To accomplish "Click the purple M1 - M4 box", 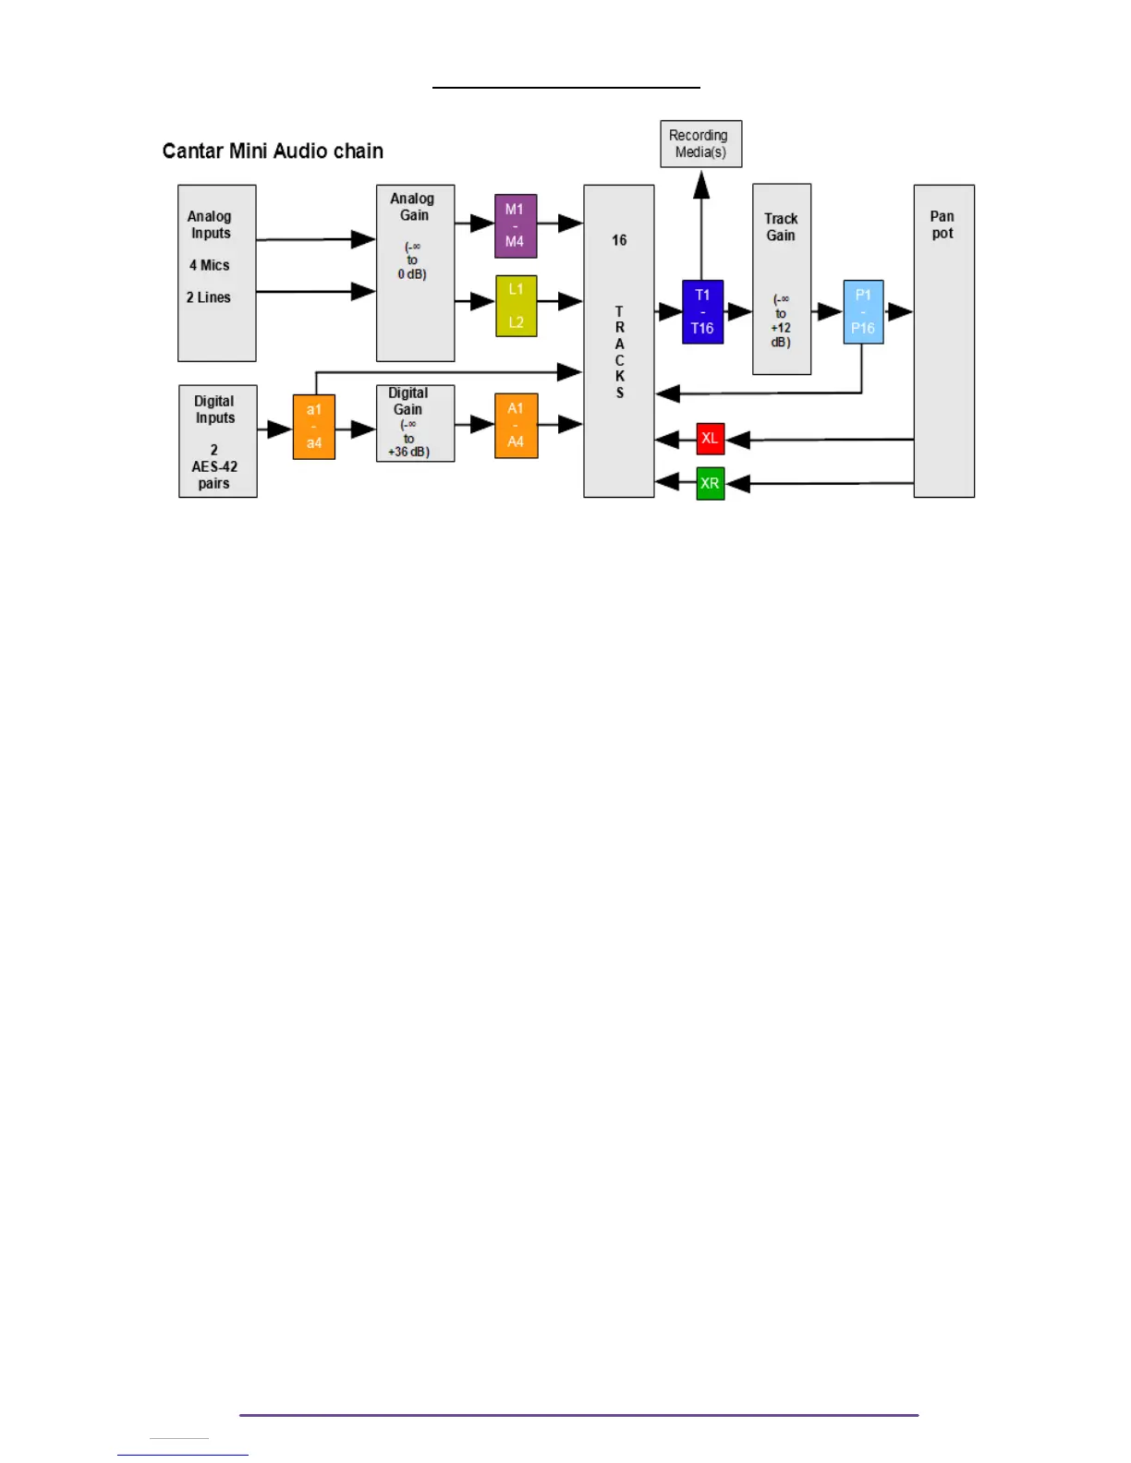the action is (516, 225).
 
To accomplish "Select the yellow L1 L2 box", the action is (516, 306).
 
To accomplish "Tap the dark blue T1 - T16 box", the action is (702, 311).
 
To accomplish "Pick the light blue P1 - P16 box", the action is (863, 311).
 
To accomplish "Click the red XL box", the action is (710, 439).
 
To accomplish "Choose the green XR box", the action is (710, 483).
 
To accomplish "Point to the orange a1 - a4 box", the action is (314, 427).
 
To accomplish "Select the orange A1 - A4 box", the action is (516, 425).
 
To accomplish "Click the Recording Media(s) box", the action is (700, 143).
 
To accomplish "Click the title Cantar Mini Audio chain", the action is (273, 151).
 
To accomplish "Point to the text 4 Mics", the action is (210, 265).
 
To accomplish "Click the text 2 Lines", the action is (209, 297).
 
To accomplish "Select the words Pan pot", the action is (942, 224).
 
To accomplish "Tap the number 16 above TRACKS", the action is (619, 240).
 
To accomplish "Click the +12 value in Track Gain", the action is (781, 328).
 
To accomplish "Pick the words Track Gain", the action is (781, 227).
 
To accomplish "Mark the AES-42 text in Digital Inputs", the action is (214, 466).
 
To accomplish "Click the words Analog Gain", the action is (413, 207).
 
